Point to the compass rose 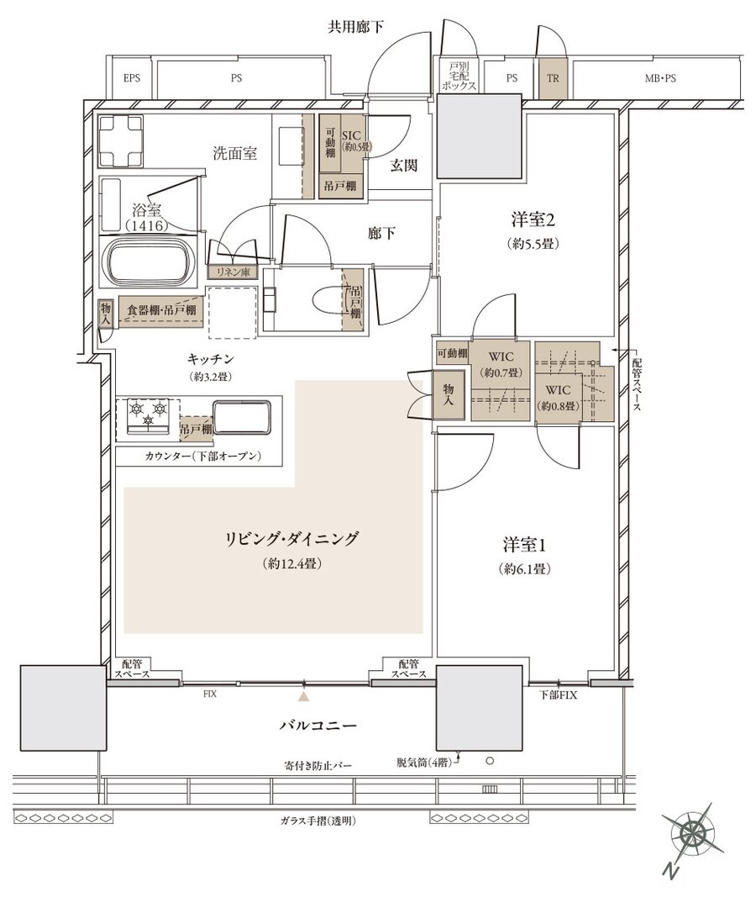692,833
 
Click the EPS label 132,78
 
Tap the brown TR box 553,78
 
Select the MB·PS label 659,78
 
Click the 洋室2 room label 533,220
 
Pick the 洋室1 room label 524,545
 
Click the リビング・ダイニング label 291,539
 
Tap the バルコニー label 318,725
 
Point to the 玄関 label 404,166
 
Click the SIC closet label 350,136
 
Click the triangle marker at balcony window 303,696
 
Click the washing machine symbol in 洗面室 121,141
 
